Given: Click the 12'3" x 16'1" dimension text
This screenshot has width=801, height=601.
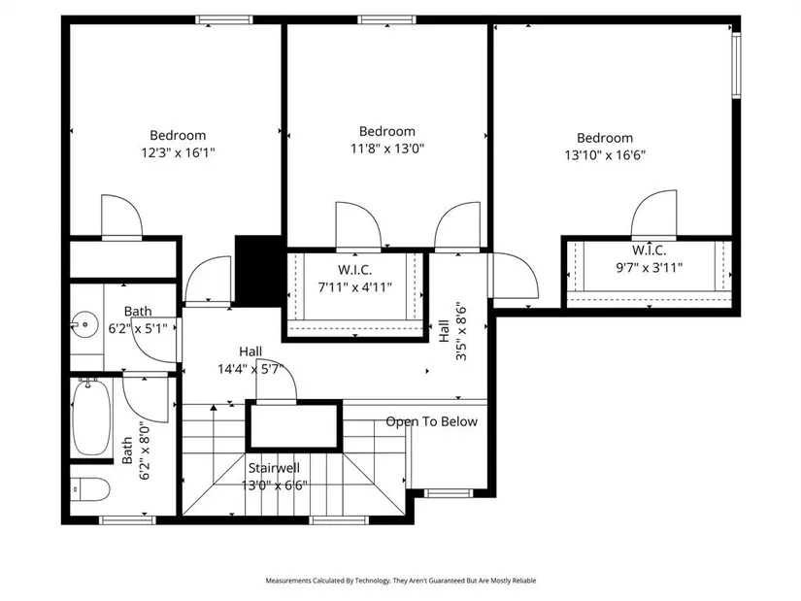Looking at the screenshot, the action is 178,152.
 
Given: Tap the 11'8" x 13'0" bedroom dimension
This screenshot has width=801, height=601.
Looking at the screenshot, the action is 387,149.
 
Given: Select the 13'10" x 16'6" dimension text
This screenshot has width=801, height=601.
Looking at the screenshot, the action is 605,154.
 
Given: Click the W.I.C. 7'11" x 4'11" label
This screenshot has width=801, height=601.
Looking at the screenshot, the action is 355,279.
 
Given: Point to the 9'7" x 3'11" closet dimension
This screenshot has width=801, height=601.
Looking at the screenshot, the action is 649,267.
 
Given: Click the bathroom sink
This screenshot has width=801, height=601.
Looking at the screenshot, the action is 84,324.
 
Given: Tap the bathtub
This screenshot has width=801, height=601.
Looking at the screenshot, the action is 91,417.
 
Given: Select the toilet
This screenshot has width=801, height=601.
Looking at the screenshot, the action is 89,489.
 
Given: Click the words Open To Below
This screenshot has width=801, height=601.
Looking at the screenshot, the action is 432,421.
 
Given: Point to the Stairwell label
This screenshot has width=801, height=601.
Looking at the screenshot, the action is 275,468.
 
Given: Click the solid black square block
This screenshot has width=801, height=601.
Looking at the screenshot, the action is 258,271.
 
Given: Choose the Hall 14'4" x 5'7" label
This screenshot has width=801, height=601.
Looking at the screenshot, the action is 250,360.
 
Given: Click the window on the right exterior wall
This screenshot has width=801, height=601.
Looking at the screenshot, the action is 736,65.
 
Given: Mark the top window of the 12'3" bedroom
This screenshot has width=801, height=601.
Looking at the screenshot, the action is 223,20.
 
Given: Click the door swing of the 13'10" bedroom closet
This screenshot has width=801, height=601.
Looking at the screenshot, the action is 654,215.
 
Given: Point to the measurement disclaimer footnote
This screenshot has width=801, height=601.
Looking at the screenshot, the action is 400,581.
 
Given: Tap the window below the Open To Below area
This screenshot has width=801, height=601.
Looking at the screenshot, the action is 449,493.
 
